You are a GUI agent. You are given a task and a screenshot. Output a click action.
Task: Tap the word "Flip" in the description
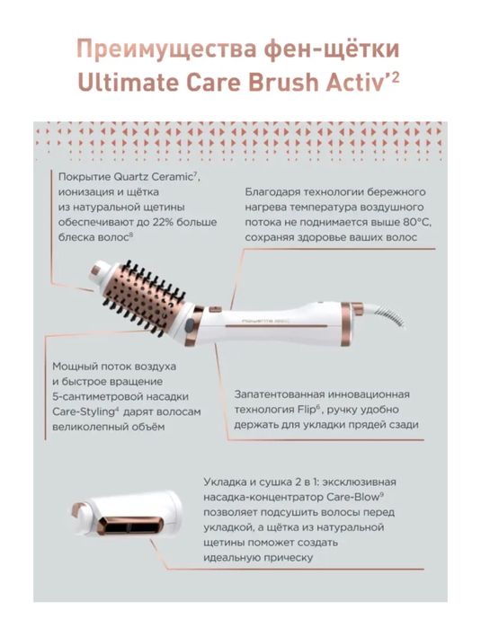[307, 410]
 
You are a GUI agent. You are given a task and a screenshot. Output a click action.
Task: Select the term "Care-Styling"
[84, 412]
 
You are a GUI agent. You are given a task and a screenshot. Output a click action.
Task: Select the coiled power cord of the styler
[384, 316]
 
